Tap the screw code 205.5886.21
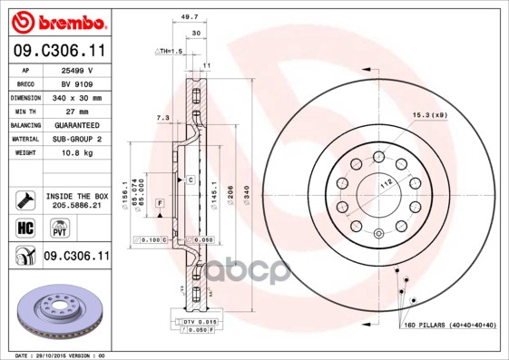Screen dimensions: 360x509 [77, 206]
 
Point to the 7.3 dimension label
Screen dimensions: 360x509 [163, 118]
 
